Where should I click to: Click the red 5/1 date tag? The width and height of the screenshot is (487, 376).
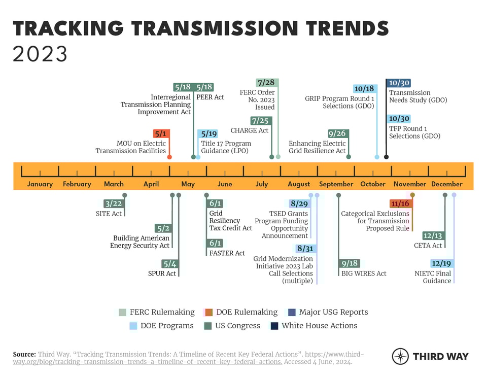(161, 134)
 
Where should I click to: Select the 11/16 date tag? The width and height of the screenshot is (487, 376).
(400, 204)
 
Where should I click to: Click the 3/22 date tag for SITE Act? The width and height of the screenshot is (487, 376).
(114, 204)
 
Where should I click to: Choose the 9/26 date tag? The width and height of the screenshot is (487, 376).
(337, 134)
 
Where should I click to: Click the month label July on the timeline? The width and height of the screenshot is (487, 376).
(262, 184)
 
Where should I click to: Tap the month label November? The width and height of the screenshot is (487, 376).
(410, 184)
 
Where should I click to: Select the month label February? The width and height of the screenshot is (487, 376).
(77, 184)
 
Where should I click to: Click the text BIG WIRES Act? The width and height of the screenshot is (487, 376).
(364, 274)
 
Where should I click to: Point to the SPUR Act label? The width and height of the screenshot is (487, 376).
(162, 274)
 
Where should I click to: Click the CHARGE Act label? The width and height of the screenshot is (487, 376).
(250, 130)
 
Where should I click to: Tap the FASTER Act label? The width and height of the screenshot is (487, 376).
(227, 253)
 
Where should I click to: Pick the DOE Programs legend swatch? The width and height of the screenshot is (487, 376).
(133, 326)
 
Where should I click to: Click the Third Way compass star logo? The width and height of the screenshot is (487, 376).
(400, 356)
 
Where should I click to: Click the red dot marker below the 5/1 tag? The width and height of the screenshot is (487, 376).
(169, 157)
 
